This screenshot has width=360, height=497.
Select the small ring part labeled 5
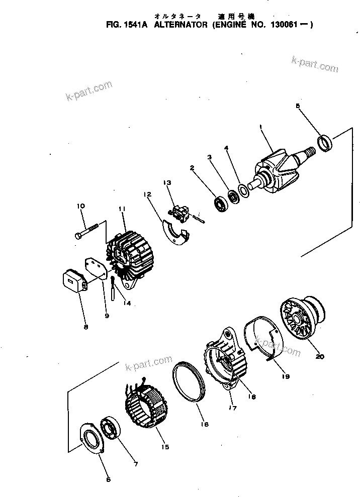(x=326, y=142)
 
